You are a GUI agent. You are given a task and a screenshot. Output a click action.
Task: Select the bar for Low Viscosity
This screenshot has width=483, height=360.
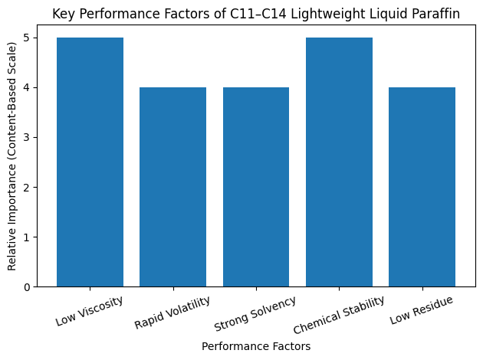90,162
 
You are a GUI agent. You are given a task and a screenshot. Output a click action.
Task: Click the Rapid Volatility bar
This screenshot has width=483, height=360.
172,187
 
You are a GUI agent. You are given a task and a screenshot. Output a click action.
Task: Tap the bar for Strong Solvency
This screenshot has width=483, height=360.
256,187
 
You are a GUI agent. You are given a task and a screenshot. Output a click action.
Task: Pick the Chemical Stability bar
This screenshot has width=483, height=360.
339,162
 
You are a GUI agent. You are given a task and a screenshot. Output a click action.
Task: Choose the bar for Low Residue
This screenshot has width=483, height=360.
422,187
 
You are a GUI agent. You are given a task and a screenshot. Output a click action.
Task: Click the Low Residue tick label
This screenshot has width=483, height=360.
421,307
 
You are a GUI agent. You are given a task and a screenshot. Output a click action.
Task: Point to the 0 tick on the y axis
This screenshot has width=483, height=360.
27,287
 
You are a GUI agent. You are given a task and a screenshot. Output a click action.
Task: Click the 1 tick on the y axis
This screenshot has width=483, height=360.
27,237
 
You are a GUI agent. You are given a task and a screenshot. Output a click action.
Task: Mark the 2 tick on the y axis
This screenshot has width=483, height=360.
27,188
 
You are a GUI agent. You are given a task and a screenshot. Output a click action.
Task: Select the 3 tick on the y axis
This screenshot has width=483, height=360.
27,138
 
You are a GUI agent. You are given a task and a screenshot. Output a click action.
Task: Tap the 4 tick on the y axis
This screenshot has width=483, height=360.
27,88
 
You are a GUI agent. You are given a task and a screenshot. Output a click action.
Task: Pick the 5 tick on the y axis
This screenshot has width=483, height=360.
27,38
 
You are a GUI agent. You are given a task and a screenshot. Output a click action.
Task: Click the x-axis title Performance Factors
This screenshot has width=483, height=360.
256,346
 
